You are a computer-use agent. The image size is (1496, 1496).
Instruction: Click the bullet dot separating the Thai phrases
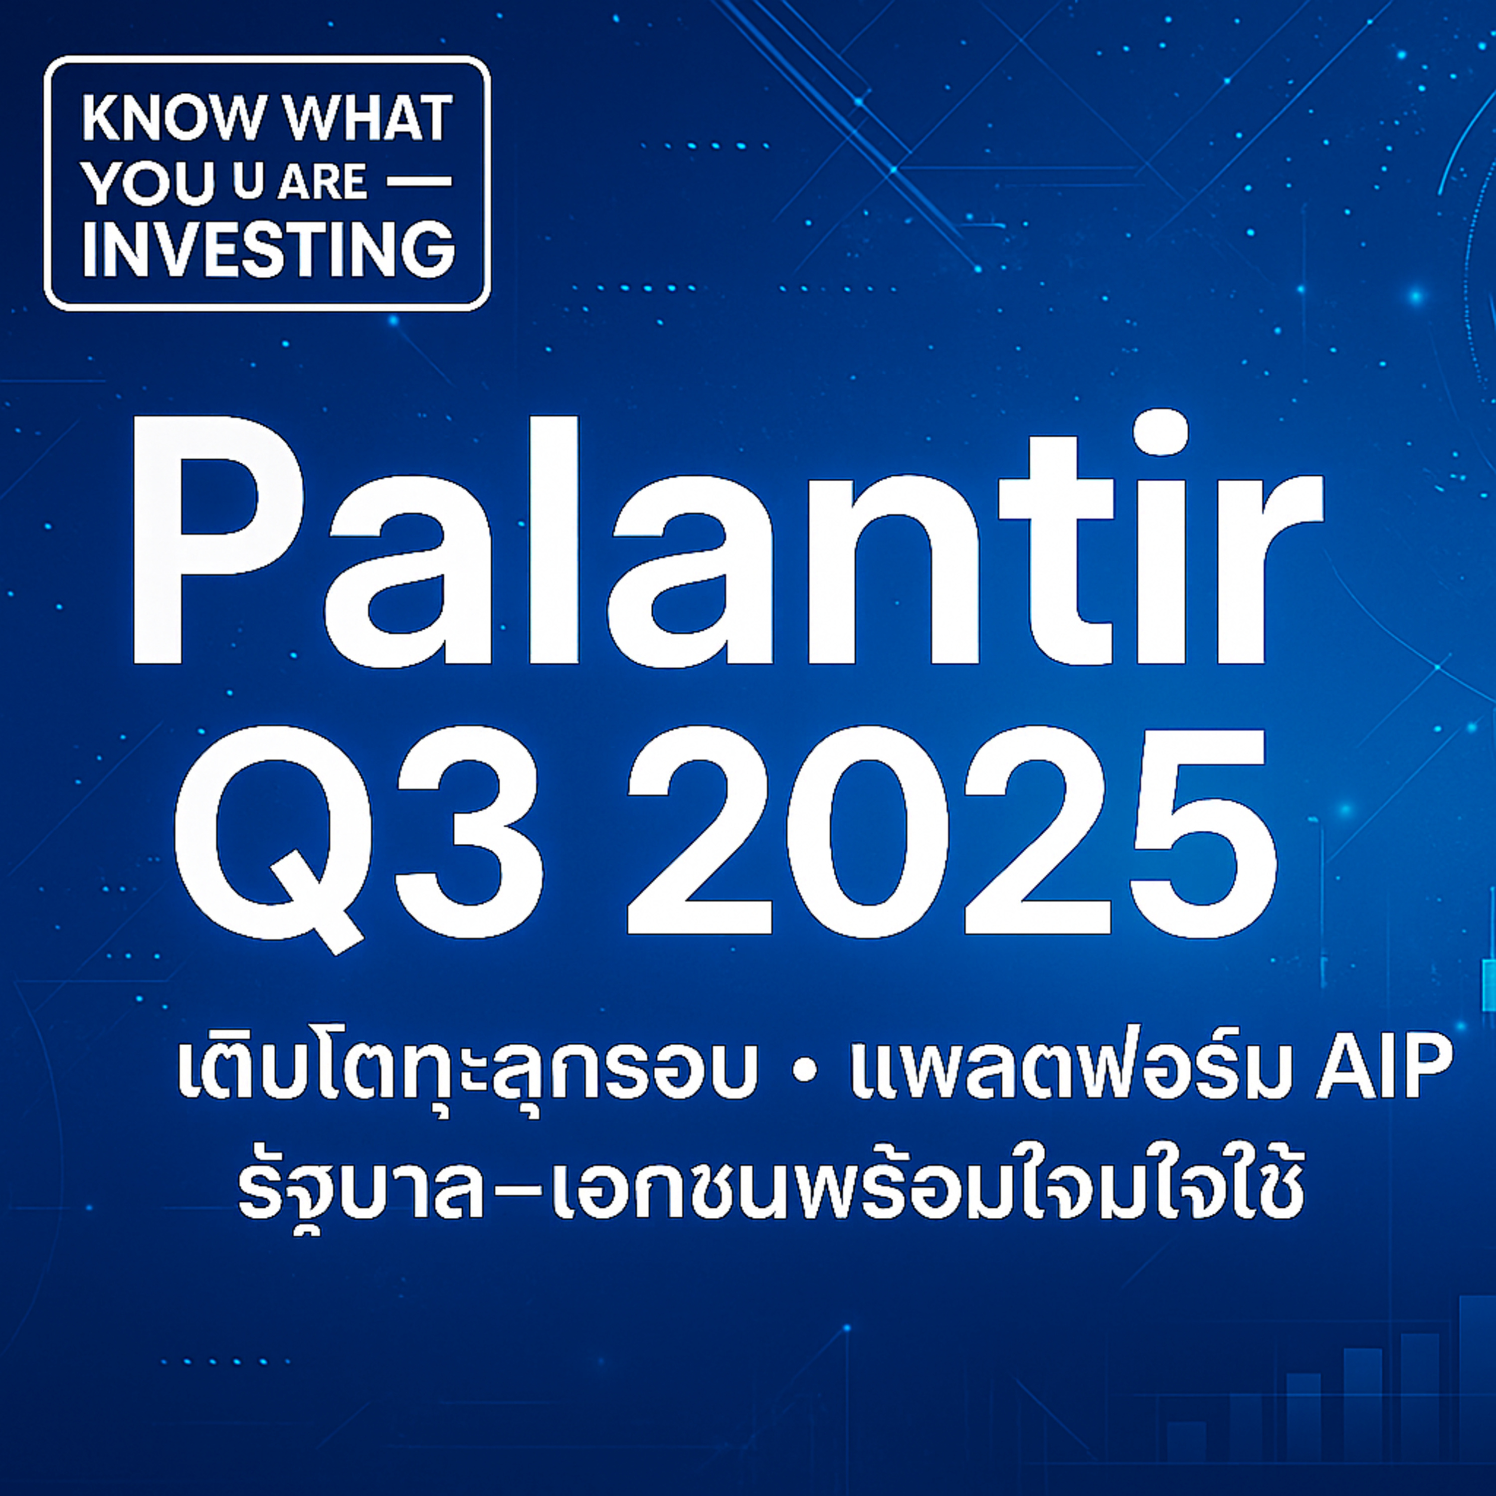[x=805, y=1076]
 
